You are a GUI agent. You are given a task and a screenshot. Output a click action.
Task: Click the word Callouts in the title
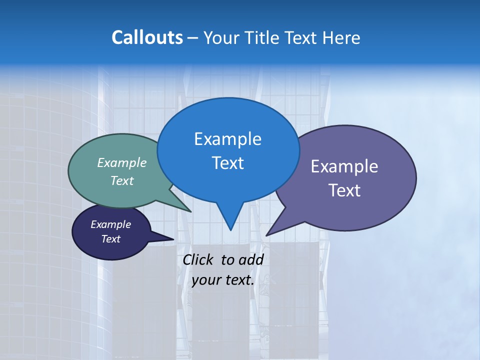147,37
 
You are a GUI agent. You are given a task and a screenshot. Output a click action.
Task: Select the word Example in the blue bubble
227,139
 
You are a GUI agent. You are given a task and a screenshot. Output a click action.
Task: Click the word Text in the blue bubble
227,162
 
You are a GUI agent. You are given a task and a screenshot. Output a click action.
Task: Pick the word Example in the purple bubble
344,166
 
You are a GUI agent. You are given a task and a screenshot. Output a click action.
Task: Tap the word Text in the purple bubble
344,190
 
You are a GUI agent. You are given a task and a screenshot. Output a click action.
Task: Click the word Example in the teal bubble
122,162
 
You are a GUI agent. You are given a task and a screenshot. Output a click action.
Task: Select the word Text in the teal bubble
122,180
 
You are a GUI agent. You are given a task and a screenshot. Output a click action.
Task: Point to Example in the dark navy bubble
111,224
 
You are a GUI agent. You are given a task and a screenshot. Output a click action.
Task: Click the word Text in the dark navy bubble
111,239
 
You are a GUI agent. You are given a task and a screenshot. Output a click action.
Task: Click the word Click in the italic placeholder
198,259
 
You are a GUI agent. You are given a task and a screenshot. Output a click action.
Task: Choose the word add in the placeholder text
251,259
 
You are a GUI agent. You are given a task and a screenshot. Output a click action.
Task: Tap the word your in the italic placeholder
206,280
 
